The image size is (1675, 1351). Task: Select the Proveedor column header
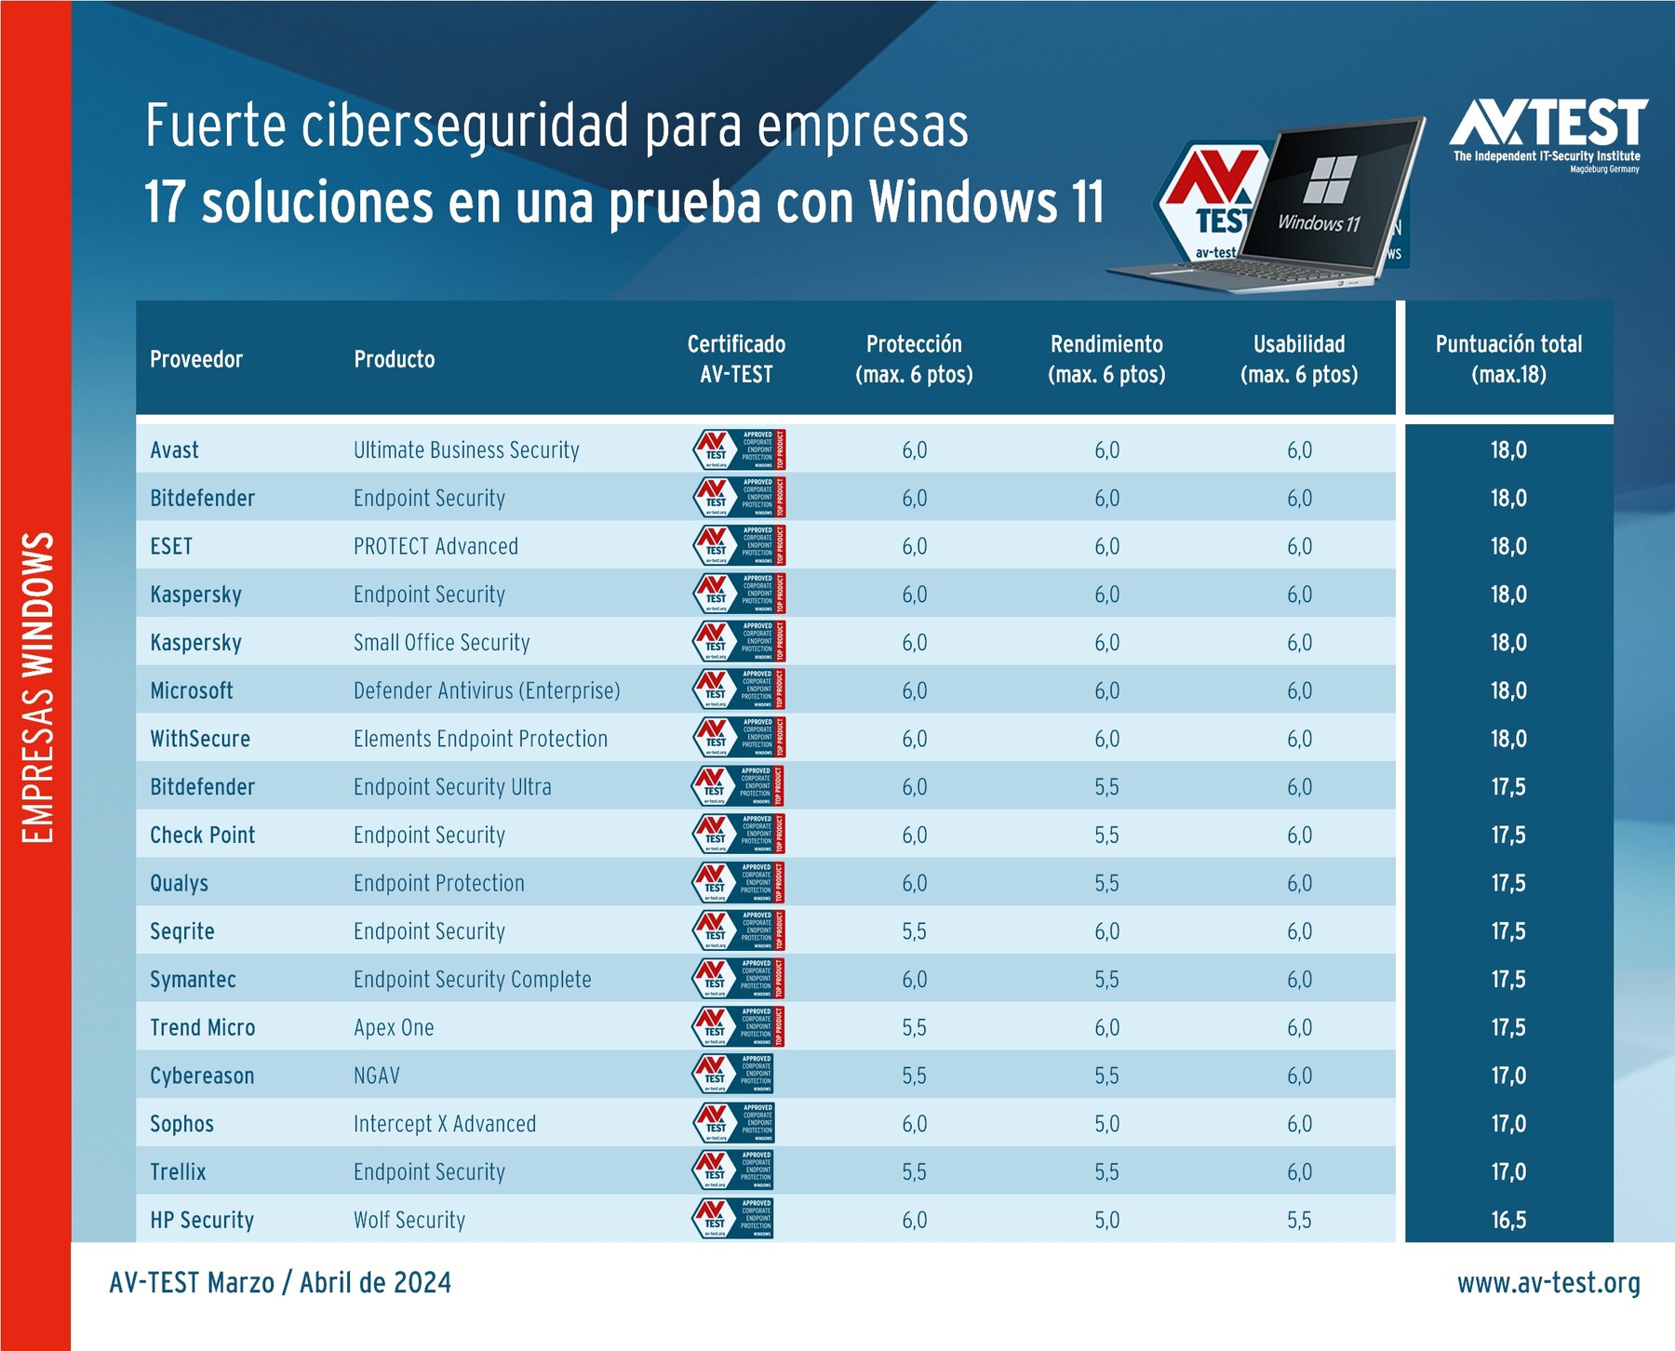(x=196, y=359)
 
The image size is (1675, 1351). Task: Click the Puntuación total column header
(x=1507, y=359)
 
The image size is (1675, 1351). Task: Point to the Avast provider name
(x=175, y=450)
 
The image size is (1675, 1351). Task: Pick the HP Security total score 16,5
(x=1507, y=1220)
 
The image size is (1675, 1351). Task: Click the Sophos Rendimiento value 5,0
(x=1106, y=1124)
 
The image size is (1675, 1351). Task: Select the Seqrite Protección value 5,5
(x=914, y=931)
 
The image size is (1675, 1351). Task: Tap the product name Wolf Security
(x=409, y=1220)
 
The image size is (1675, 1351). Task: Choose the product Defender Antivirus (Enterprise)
(x=487, y=690)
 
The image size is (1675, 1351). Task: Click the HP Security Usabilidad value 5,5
(x=1299, y=1220)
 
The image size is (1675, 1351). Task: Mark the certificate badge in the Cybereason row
(x=733, y=1075)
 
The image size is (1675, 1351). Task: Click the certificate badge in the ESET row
(x=740, y=545)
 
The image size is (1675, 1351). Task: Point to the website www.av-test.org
(x=1548, y=1283)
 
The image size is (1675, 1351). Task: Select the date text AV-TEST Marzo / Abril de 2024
(x=280, y=1283)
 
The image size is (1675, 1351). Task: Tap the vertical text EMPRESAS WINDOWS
(x=37, y=689)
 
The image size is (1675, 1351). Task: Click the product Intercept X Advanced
(x=445, y=1124)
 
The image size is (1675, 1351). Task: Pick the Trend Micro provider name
(x=203, y=1027)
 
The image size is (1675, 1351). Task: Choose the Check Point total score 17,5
(x=1507, y=836)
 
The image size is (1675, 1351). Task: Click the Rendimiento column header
(x=1106, y=359)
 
